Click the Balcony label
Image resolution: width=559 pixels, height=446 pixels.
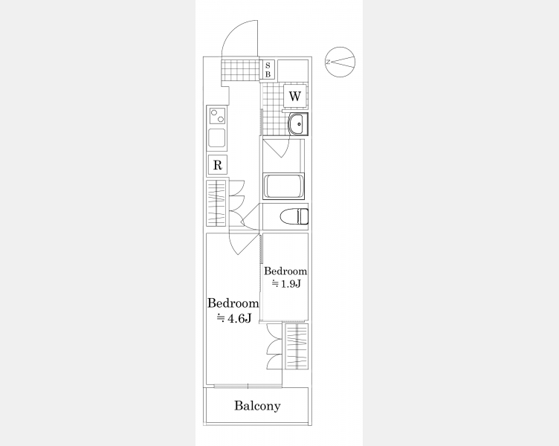coord(257,406)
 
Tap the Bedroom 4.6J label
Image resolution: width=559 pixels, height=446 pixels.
coord(233,310)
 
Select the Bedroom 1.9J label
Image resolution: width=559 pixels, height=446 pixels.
coord(285,277)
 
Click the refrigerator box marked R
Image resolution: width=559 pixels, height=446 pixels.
coord(218,165)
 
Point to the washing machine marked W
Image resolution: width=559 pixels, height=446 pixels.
coord(295,96)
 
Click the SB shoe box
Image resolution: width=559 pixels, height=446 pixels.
coord(268,70)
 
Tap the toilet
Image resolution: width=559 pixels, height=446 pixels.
coord(294,217)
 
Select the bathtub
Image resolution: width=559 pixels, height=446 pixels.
coord(283,186)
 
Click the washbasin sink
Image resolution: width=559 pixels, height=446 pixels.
coord(298,124)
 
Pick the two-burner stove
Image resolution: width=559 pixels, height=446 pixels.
coord(217,116)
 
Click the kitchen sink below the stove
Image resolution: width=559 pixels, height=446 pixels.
coord(217,138)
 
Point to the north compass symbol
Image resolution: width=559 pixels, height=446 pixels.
coord(340,62)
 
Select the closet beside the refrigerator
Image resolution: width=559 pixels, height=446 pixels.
coord(216,203)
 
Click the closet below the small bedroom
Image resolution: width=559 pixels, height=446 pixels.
coord(297,347)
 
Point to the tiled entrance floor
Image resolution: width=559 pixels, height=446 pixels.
coord(240,69)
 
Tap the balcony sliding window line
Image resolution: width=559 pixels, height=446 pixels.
coord(248,385)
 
